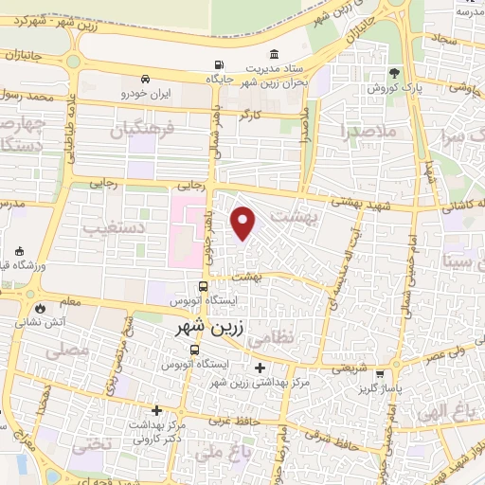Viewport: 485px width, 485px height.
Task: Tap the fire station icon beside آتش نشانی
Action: click(x=40, y=308)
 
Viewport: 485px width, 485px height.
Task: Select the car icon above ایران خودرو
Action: click(x=144, y=80)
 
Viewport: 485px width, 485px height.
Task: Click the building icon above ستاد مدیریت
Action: click(x=275, y=53)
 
